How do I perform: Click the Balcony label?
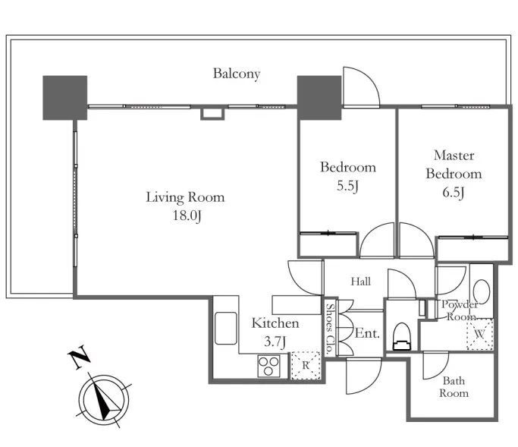click(x=237, y=74)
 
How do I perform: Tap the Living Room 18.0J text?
click(x=186, y=206)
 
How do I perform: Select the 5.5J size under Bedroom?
click(x=347, y=186)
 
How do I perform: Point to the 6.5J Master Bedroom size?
click(x=454, y=193)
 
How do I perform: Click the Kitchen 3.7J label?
click(x=275, y=332)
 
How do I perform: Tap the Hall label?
click(x=361, y=282)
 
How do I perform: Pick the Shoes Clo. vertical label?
click(x=329, y=329)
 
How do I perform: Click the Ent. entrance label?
click(x=367, y=333)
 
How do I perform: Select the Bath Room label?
click(x=454, y=387)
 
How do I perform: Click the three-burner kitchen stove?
click(x=269, y=366)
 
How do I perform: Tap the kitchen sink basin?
click(x=226, y=329)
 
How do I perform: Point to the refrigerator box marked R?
click(x=306, y=365)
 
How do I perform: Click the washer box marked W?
click(x=479, y=334)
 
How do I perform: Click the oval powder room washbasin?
click(x=482, y=291)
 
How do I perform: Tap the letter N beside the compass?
click(x=80, y=357)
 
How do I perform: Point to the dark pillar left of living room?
click(x=65, y=98)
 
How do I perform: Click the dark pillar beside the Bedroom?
click(x=319, y=98)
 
